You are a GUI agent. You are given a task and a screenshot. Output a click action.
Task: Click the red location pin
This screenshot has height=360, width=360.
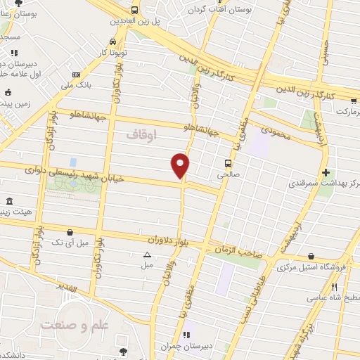pos(181,165)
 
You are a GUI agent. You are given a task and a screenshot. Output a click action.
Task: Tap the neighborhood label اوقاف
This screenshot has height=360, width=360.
pos(141,133)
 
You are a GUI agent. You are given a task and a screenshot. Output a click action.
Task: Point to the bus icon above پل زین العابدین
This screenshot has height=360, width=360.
pos(134,10)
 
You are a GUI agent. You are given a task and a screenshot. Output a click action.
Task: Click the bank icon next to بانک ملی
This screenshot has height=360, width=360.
pos(76,75)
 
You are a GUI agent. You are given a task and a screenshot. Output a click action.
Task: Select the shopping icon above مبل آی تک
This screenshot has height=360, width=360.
pos(70,232)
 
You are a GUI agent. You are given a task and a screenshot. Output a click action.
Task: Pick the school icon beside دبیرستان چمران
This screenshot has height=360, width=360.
pos(186,335)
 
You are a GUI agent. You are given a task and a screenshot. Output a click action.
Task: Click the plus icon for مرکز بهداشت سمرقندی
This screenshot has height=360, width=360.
pos(325,172)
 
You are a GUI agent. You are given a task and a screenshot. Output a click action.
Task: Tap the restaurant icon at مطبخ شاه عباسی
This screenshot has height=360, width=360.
pos(335,286)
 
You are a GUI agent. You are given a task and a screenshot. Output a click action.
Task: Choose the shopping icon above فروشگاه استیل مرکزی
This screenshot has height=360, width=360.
pos(311,257)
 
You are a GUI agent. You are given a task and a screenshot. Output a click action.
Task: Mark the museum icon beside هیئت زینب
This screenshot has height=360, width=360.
pos(8,202)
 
